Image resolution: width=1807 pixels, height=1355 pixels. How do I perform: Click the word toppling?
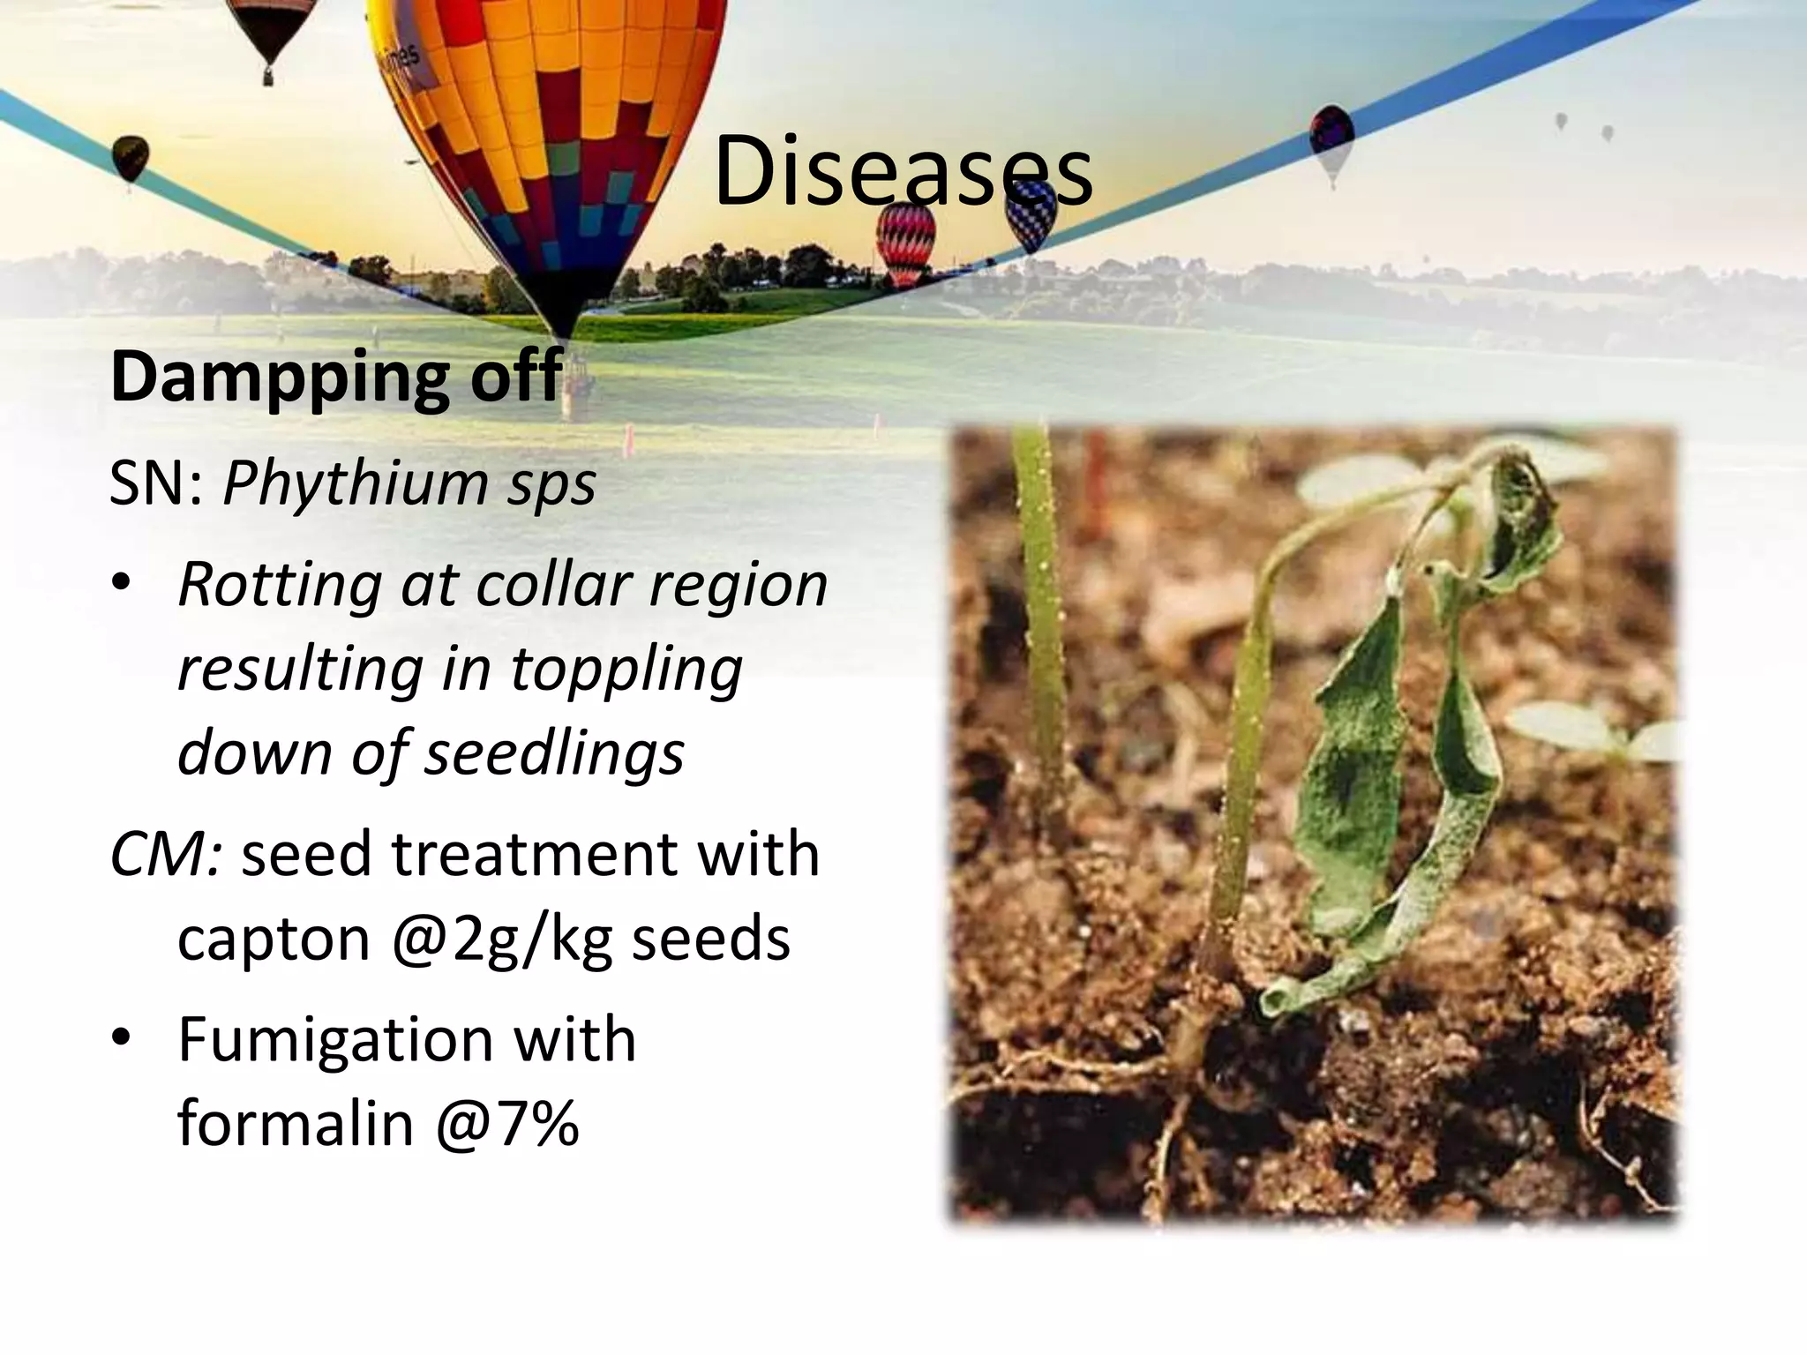(x=626, y=669)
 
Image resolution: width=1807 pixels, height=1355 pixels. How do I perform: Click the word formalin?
(x=295, y=1123)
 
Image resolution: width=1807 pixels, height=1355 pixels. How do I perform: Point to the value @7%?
(x=506, y=1123)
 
